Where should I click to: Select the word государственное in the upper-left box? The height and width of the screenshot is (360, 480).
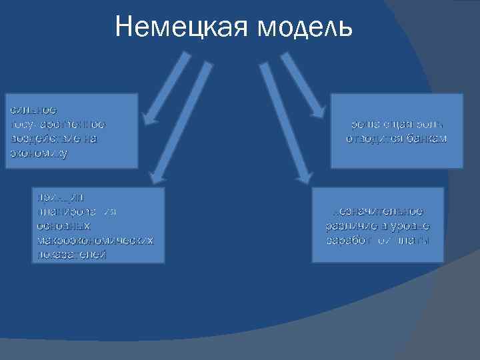57,124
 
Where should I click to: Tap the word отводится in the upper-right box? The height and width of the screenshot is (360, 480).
370,139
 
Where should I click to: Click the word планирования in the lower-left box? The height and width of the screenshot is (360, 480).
77,211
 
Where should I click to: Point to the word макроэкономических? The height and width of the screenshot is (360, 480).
95,240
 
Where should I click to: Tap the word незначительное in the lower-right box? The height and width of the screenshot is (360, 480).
378,211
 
